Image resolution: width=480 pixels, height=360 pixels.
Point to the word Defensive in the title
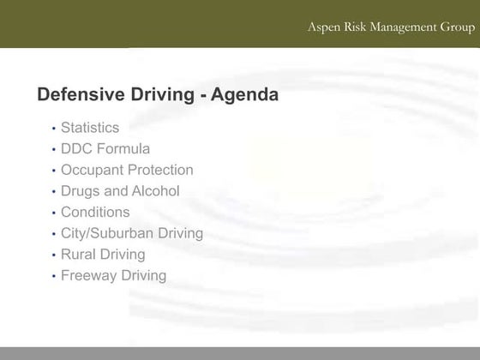coord(80,95)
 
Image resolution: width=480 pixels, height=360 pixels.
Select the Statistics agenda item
coord(90,128)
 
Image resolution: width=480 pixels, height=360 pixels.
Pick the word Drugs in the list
coord(81,191)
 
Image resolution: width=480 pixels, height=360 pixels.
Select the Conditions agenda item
coord(95,212)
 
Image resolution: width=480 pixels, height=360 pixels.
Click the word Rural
coord(78,255)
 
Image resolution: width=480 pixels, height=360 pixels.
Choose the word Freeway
coord(89,275)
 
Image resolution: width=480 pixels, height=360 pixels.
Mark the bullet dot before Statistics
coord(53,129)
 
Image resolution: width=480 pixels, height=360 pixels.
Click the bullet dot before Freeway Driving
coord(53,276)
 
